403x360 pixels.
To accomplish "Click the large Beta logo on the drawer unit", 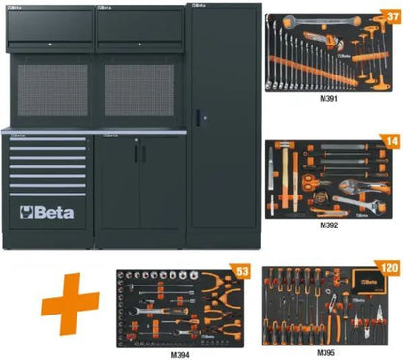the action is pyautogui.click(x=47, y=213).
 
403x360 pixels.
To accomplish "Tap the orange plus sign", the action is pyautogui.click(x=70, y=304).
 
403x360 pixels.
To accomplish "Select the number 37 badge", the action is pyautogui.click(x=392, y=16).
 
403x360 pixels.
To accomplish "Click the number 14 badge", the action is pyautogui.click(x=392, y=142).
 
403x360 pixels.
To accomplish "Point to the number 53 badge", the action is pyautogui.click(x=242, y=272).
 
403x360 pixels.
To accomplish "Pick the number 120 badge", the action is pyautogui.click(x=389, y=268).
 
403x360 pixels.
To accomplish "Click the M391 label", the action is pyautogui.click(x=328, y=99).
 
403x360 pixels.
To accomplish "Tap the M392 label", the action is pyautogui.click(x=328, y=225).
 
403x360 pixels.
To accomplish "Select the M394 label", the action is pyautogui.click(x=180, y=355).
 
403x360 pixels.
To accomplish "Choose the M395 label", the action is pyautogui.click(x=325, y=352).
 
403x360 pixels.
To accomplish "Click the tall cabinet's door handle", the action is pyautogui.click(x=198, y=118).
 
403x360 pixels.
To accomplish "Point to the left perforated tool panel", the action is pyautogui.click(x=53, y=90).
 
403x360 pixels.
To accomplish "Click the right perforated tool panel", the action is pyautogui.click(x=139, y=90).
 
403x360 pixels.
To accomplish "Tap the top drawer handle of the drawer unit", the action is pyautogui.click(x=47, y=139).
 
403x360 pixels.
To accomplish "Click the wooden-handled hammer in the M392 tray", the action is pyautogui.click(x=285, y=176).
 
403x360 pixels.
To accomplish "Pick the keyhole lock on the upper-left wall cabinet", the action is pyautogui.click(x=50, y=45).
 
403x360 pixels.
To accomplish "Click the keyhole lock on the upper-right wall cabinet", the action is pyautogui.click(x=139, y=45).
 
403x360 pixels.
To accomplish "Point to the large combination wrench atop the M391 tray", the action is pyautogui.click(x=322, y=21).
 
